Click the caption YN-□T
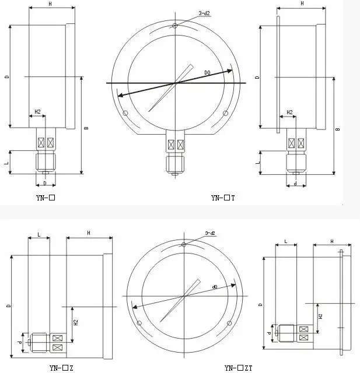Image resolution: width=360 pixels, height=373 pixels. point(223,198)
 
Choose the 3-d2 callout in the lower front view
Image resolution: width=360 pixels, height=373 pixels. point(210,233)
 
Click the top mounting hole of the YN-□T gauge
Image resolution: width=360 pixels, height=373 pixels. point(175,25)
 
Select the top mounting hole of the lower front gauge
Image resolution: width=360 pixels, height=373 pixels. point(183,244)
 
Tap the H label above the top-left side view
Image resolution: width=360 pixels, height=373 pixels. point(51,4)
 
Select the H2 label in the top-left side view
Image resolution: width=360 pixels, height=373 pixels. point(37,111)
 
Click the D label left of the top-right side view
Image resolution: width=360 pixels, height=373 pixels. point(257,77)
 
